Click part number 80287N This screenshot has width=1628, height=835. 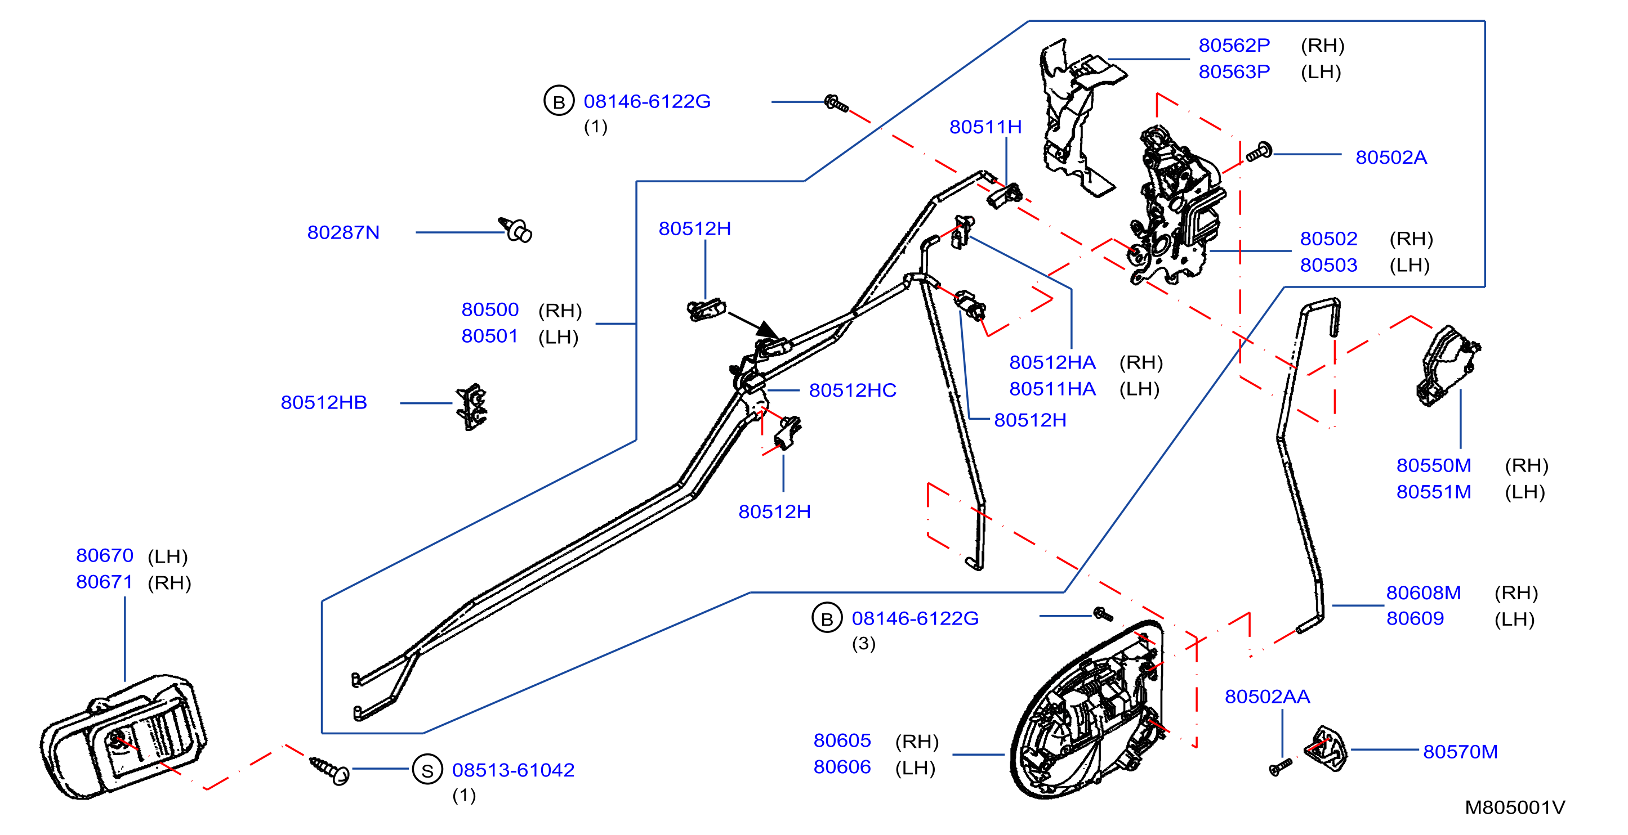[343, 232]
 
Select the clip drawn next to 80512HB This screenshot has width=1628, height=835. [472, 407]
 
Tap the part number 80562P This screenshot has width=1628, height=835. [1234, 46]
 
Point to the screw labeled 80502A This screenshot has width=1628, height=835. [1259, 151]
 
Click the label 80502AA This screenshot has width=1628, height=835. [1267, 697]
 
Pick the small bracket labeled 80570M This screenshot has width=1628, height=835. [1327, 748]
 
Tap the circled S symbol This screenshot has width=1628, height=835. [427, 770]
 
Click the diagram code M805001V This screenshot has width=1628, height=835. [1515, 807]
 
